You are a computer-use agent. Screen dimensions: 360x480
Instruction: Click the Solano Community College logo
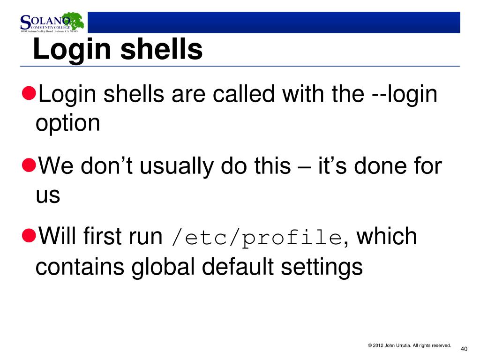pos(51,23)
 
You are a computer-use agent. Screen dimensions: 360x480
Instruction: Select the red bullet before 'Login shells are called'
pos(29,93)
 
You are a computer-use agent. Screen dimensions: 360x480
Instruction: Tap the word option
pos(68,124)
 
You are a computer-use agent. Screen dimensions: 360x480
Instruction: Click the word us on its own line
pos(48,196)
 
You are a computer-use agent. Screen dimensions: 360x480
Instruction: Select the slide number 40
pos(464,349)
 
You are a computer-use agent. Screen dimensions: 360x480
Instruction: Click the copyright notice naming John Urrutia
pos(409,345)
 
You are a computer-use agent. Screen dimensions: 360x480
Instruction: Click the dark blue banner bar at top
pos(274,22)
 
